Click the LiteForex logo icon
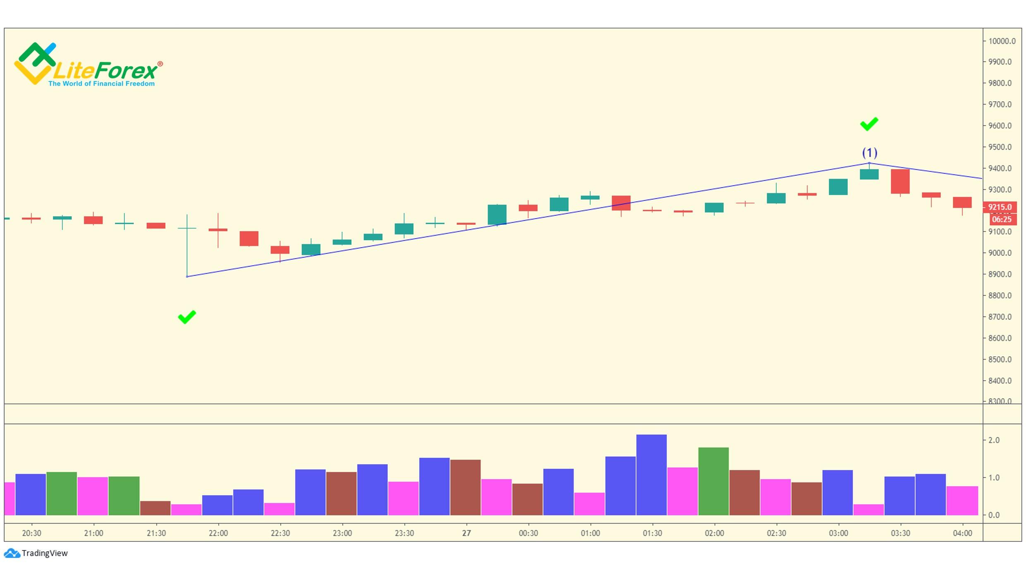click(35, 63)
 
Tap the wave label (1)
click(869, 153)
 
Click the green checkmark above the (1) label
click(869, 124)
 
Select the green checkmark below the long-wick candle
click(187, 317)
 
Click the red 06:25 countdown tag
click(1002, 219)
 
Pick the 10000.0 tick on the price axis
click(1001, 41)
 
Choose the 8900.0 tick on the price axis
click(1000, 274)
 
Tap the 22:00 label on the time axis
click(218, 533)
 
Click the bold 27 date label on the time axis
click(466, 533)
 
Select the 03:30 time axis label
click(900, 533)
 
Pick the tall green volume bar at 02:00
click(713, 481)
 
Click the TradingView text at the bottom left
click(44, 553)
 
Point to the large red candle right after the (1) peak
click(900, 181)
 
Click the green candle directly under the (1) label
click(869, 174)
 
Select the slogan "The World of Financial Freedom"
click(101, 83)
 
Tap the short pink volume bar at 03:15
click(868, 510)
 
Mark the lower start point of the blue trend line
click(187, 277)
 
